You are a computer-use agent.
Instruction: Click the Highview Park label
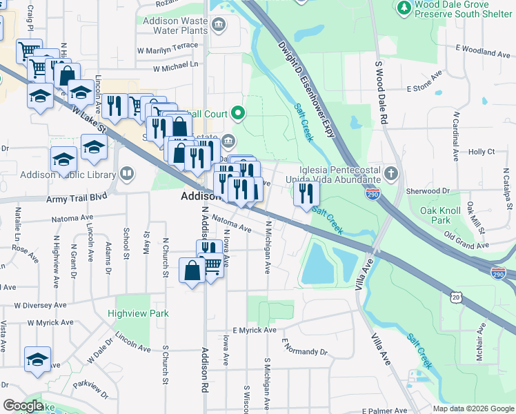point(138,313)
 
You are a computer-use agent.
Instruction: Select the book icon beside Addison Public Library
point(127,173)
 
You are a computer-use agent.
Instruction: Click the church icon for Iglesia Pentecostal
point(391,172)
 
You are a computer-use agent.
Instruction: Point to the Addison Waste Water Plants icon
point(219,26)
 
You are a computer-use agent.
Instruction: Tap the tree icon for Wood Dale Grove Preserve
point(404,8)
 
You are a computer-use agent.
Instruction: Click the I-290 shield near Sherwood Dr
point(373,195)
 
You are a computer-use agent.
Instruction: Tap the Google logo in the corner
point(23,405)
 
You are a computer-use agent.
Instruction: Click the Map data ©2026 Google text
point(473,408)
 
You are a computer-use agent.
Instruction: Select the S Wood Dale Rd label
point(381,93)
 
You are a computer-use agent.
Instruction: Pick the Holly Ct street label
point(482,151)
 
